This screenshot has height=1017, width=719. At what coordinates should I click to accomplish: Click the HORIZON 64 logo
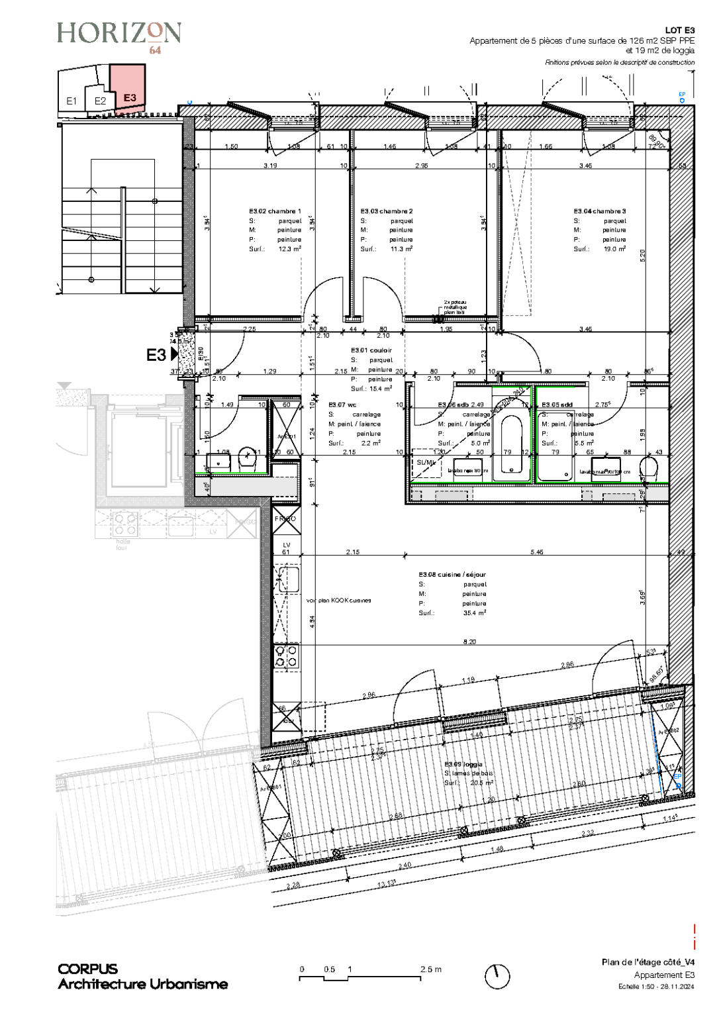click(x=119, y=36)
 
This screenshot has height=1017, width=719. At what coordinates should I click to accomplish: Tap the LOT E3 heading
click(x=680, y=30)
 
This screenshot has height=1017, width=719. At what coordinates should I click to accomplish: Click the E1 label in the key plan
click(x=72, y=101)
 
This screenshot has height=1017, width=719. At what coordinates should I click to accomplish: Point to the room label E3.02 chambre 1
click(x=275, y=211)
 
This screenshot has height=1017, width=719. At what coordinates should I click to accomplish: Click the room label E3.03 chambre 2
click(x=387, y=211)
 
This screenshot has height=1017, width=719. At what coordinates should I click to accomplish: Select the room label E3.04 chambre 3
click(x=599, y=211)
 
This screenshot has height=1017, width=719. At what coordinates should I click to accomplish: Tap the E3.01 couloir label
click(x=371, y=350)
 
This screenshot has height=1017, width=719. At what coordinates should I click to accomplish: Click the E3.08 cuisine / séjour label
click(x=452, y=575)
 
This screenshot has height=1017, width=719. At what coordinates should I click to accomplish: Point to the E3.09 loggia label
click(x=463, y=764)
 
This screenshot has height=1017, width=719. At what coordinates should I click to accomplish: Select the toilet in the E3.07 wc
click(x=248, y=458)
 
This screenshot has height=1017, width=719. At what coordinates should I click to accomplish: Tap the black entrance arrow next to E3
click(x=175, y=354)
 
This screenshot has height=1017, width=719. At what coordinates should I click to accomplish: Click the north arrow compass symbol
click(x=497, y=976)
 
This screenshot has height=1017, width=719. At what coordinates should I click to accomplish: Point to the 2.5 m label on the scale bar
click(x=430, y=969)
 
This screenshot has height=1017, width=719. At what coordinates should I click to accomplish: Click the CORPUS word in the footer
click(x=88, y=969)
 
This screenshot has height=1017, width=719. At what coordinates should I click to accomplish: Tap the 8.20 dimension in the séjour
click(x=469, y=642)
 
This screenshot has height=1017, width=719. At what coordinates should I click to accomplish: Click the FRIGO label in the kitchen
click(x=285, y=519)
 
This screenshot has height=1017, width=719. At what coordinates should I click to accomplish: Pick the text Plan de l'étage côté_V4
click(x=648, y=962)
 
